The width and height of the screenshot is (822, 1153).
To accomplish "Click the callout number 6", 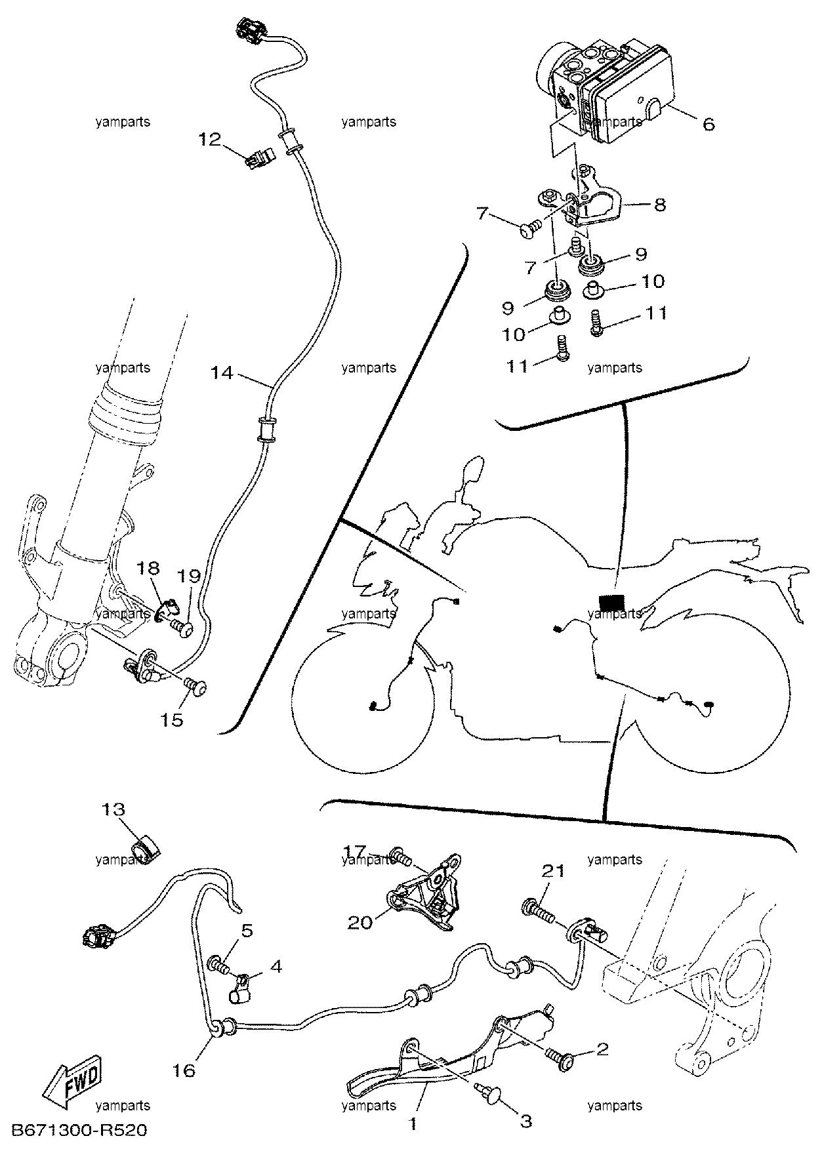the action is click(x=709, y=123).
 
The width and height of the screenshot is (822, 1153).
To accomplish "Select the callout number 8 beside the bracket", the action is click(x=660, y=205).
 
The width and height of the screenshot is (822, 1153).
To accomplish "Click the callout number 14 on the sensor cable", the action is click(x=222, y=373).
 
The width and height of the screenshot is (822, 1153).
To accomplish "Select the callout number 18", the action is click(x=148, y=567).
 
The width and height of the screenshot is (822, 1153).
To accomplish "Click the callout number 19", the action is click(x=190, y=576).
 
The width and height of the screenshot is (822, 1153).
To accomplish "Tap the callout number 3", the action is click(x=525, y=1122).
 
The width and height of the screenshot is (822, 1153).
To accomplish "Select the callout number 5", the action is click(x=247, y=931).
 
